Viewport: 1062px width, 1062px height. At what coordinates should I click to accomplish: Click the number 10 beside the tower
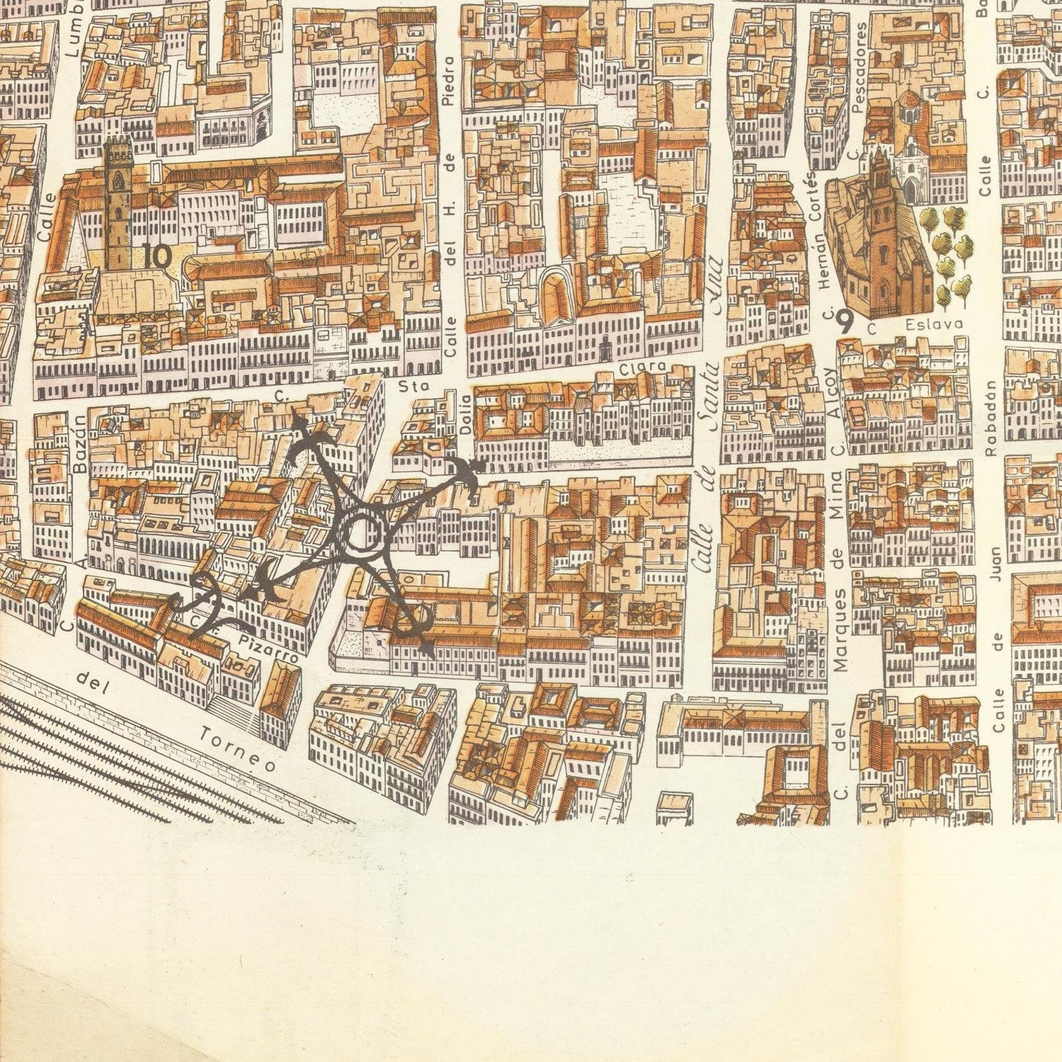coord(157,255)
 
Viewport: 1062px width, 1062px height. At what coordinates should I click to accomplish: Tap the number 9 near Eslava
coord(845,323)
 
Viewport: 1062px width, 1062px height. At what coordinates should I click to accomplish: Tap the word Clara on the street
coord(643,367)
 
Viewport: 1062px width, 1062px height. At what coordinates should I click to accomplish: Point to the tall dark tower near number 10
coord(118,201)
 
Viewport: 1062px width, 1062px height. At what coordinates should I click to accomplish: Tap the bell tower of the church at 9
coord(878,201)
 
